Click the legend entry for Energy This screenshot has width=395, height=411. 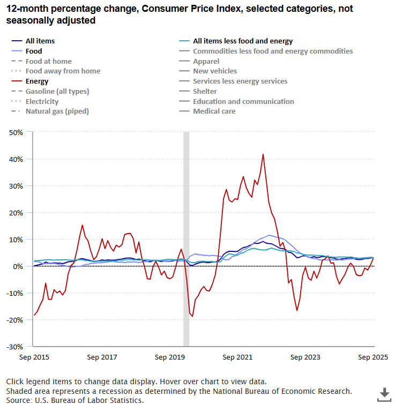click(36, 81)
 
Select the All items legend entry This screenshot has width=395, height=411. click(40, 41)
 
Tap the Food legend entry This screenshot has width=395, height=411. click(33, 51)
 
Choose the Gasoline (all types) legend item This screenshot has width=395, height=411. click(57, 92)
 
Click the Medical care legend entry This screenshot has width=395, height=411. click(214, 111)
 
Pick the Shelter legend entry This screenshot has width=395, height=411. click(206, 92)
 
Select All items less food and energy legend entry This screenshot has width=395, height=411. click(242, 41)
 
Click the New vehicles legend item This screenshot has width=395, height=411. click(214, 71)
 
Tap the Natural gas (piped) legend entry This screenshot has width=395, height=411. click(57, 111)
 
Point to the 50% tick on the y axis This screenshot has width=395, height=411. click(16, 132)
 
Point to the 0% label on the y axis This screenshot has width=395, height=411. click(18, 266)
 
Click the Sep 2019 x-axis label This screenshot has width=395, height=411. click(169, 357)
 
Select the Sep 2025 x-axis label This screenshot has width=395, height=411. click(373, 357)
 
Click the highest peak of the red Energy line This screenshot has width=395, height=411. click(263, 154)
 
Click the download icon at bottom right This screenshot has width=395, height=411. click(384, 395)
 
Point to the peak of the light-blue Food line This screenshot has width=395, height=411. click(269, 235)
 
